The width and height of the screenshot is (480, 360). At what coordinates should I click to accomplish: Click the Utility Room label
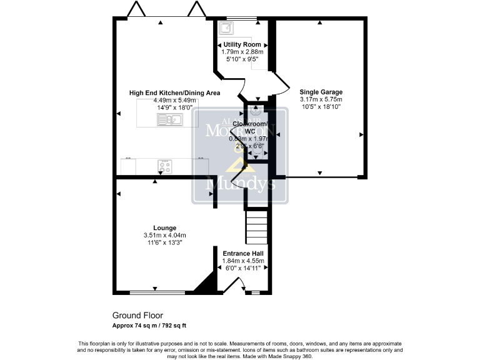click(x=243, y=44)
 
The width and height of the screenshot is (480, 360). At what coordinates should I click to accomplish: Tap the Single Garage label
click(x=321, y=92)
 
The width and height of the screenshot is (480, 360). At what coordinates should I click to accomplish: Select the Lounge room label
click(x=164, y=227)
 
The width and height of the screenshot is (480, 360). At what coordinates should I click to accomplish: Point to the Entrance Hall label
click(x=243, y=253)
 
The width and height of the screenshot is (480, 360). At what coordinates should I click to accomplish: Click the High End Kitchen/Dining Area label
click(x=174, y=93)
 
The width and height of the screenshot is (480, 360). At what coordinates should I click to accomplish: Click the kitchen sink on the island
click(x=169, y=120)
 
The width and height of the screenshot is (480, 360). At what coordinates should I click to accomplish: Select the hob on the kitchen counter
click(x=166, y=167)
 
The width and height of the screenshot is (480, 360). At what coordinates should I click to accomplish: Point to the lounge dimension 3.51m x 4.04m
click(x=164, y=235)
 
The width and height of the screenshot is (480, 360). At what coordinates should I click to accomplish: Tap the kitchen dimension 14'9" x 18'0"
click(x=174, y=107)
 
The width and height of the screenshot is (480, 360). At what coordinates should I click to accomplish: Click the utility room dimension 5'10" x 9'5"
click(x=243, y=59)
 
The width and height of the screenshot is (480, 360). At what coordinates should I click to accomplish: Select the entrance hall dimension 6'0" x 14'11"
click(x=243, y=268)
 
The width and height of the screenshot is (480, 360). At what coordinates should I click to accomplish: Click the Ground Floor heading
click(x=137, y=316)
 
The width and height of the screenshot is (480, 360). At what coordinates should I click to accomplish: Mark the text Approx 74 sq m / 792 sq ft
click(x=149, y=326)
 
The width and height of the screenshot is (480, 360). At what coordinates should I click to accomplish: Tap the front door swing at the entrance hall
click(x=234, y=285)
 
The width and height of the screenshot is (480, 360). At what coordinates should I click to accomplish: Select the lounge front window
click(x=157, y=292)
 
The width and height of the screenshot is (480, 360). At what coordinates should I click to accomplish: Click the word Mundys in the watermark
click(x=240, y=185)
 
